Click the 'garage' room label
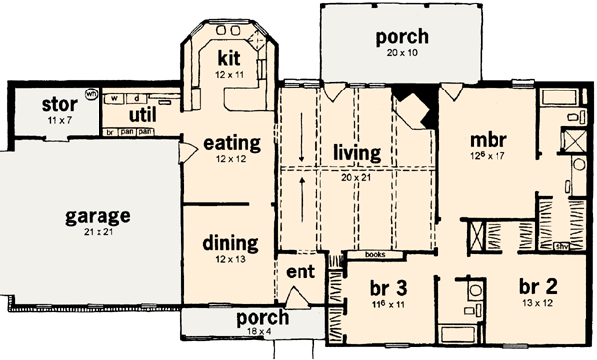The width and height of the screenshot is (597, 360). [x=99, y=215]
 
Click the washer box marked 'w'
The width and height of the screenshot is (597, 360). [x=116, y=99]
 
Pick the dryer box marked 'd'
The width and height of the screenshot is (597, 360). [x=136, y=99]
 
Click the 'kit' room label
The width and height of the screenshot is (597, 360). [x=230, y=57]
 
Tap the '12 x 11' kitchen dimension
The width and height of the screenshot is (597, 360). [x=230, y=73]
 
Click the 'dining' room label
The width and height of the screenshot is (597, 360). [x=230, y=242]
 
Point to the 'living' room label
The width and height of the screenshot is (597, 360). [x=357, y=152]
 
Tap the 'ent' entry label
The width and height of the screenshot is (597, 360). [x=299, y=272]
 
